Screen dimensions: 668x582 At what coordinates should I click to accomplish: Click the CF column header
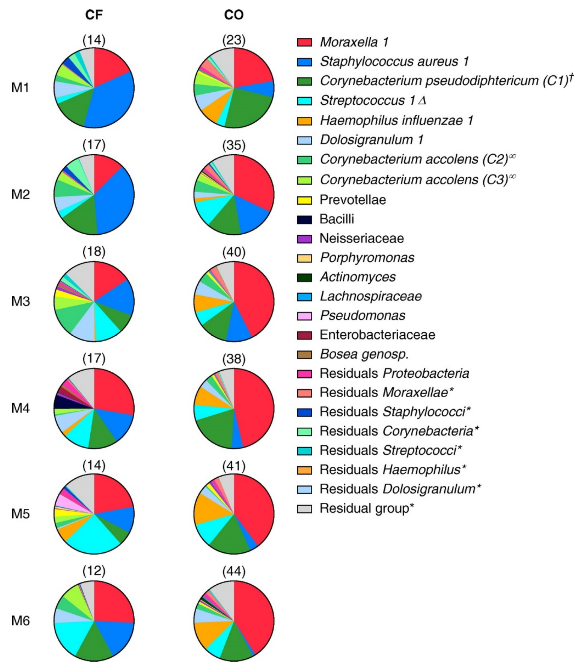[94, 15]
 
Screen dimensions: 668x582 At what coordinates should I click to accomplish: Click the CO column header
[234, 15]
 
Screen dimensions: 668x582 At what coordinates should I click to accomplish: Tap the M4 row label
[21, 408]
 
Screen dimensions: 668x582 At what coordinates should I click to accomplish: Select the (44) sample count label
[234, 571]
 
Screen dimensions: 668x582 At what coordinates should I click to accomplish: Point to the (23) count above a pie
[234, 40]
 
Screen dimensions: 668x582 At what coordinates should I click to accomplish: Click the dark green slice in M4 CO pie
[214, 429]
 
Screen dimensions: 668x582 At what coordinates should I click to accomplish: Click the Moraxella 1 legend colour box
[304, 42]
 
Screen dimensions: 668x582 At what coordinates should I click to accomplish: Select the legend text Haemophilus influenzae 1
[396, 121]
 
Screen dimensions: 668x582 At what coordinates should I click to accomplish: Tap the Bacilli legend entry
[337, 219]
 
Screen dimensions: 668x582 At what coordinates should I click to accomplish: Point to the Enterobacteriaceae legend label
[377, 335]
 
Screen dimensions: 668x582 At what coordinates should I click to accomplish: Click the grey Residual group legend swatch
[304, 509]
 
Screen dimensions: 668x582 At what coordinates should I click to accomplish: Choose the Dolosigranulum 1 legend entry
[372, 140]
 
